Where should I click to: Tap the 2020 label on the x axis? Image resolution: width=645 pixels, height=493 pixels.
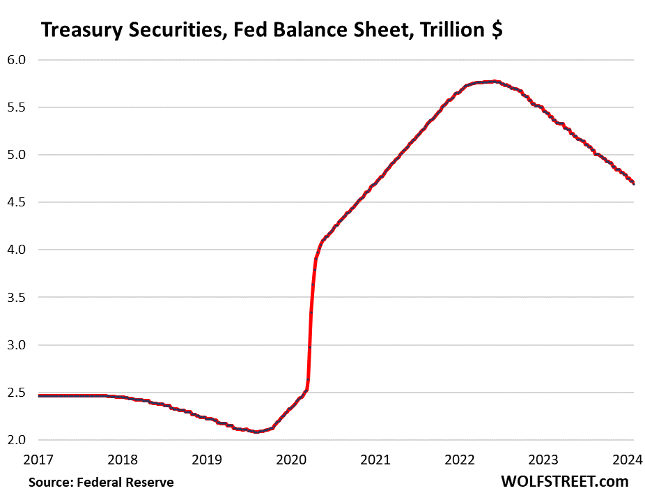(x=292, y=460)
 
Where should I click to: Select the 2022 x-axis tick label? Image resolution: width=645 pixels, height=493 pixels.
(x=460, y=460)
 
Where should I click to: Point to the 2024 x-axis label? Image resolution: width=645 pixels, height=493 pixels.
(x=628, y=460)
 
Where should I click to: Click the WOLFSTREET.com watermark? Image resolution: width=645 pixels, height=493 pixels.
(x=564, y=481)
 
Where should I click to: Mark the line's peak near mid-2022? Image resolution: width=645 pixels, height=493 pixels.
(x=493, y=82)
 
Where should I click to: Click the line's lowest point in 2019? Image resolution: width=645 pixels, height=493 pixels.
(x=258, y=432)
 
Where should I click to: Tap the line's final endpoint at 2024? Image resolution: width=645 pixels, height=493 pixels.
(x=633, y=183)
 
